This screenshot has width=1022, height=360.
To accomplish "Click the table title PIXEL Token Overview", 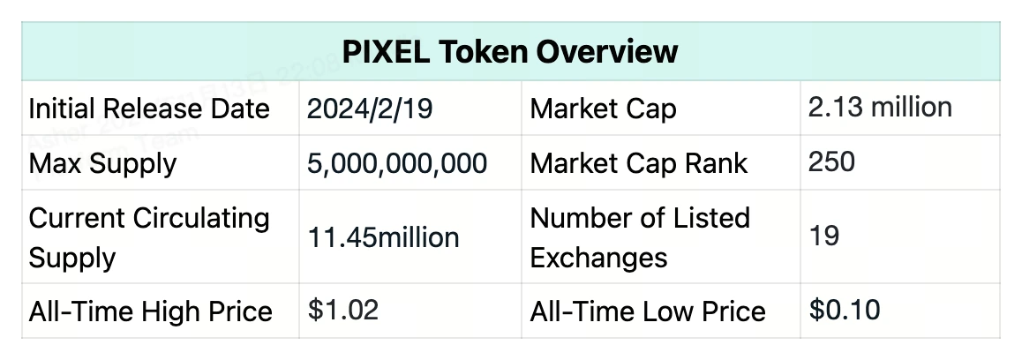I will [511, 51].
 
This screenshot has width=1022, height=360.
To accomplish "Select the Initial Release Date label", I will [149, 109].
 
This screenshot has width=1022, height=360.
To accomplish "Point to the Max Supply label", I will [102, 163].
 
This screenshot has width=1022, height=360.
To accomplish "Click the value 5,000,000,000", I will [397, 163].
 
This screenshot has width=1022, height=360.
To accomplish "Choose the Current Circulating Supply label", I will [149, 237].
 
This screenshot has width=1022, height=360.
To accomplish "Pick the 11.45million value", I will [383, 237].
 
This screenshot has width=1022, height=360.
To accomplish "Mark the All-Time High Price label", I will [150, 311].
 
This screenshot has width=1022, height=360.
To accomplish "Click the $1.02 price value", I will [343, 311].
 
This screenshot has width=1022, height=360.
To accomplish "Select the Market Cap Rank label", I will [639, 163].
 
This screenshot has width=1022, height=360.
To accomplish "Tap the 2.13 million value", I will [880, 108].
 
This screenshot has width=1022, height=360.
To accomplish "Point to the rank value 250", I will [831, 162].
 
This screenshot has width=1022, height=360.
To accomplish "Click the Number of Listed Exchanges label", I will [640, 237].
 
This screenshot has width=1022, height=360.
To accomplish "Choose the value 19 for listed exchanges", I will [823, 236].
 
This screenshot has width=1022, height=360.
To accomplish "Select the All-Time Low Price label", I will [648, 311].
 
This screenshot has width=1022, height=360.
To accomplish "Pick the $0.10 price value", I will [845, 310].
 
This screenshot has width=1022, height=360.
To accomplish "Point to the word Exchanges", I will [598, 258].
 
